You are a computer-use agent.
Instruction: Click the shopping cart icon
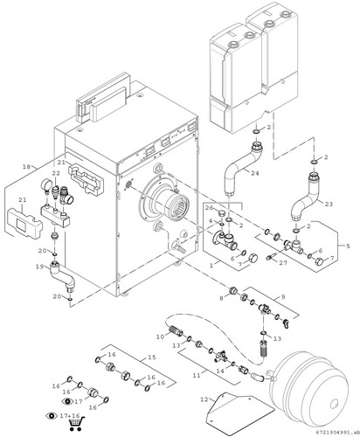(x=77, y=423)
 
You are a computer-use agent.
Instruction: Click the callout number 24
(x=255, y=173)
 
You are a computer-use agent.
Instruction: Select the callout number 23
(x=329, y=204)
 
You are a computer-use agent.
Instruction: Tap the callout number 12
(x=204, y=399)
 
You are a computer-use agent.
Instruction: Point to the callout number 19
(x=39, y=267)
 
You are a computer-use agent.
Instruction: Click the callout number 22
(x=56, y=173)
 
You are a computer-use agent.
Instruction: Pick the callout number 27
(x=283, y=263)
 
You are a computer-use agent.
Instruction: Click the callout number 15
(x=152, y=357)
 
